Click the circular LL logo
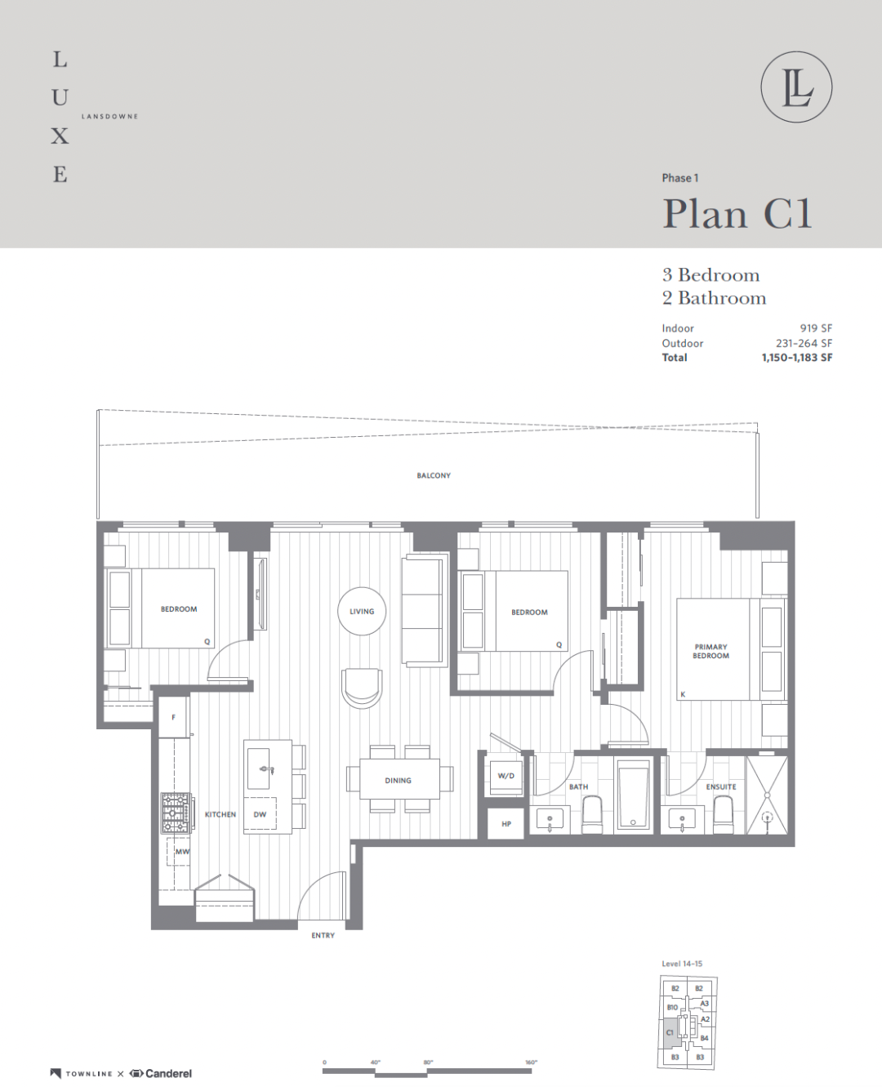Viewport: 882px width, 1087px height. tap(796, 87)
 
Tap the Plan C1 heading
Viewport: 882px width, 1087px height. tap(737, 213)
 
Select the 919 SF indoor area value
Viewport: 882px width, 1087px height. tap(816, 328)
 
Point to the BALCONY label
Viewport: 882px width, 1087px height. tap(434, 475)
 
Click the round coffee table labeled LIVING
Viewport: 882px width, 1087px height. tap(362, 612)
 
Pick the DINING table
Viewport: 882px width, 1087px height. tap(399, 779)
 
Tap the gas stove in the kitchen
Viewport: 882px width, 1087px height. tap(176, 813)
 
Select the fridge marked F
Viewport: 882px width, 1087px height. tap(173, 717)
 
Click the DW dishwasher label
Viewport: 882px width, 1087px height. tap(261, 814)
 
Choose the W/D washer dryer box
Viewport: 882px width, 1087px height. tap(506, 776)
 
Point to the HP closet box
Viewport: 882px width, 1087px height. tap(506, 824)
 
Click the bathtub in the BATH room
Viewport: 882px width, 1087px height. tap(633, 795)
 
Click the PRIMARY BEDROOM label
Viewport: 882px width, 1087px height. tap(710, 651)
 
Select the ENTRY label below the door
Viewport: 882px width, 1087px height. tap(323, 935)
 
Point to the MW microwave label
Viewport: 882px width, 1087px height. tap(182, 852)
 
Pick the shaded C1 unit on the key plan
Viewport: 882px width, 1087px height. tap(670, 1032)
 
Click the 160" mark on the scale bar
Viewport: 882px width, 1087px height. tap(531, 1062)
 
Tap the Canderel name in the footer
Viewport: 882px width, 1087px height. tap(168, 1073)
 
